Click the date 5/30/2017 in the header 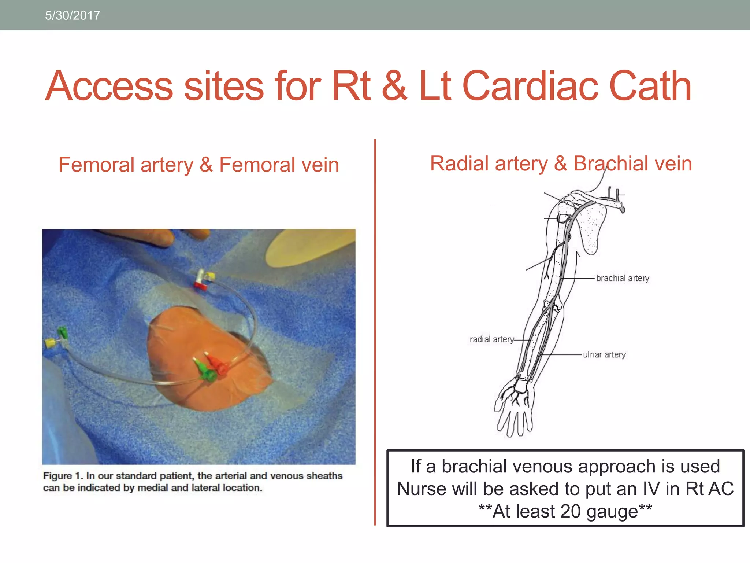[73, 15]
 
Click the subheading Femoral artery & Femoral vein [198, 165]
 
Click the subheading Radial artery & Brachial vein [561, 163]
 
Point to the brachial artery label [622, 278]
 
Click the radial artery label [491, 339]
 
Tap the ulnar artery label [604, 354]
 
